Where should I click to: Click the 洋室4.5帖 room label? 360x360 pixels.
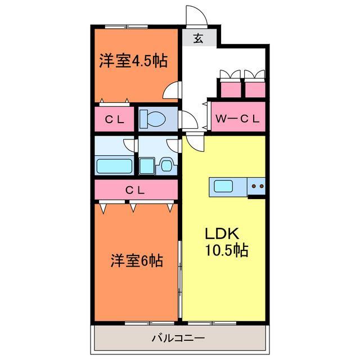click(x=134, y=60)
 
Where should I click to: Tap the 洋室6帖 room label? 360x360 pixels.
click(x=137, y=260)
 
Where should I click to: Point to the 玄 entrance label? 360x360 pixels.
click(x=198, y=39)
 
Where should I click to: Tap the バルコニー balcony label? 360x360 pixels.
click(x=178, y=339)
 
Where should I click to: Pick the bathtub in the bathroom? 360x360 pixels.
click(x=114, y=166)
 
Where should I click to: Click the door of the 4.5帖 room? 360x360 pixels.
click(x=175, y=90)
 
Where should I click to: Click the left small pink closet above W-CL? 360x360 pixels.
click(x=229, y=89)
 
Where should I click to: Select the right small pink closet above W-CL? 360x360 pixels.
click(x=255, y=89)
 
